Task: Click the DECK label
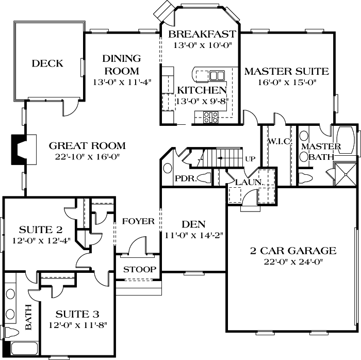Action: click(47, 64)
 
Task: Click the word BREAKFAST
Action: click(202, 35)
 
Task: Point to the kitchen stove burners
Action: click(210, 117)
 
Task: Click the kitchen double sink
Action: click(217, 76)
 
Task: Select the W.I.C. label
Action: click(279, 142)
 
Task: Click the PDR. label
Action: click(183, 178)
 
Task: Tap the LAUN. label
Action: click(250, 182)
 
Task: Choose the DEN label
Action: click(193, 224)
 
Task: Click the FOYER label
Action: click(138, 221)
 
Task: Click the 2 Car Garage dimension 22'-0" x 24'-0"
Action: click(293, 262)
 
